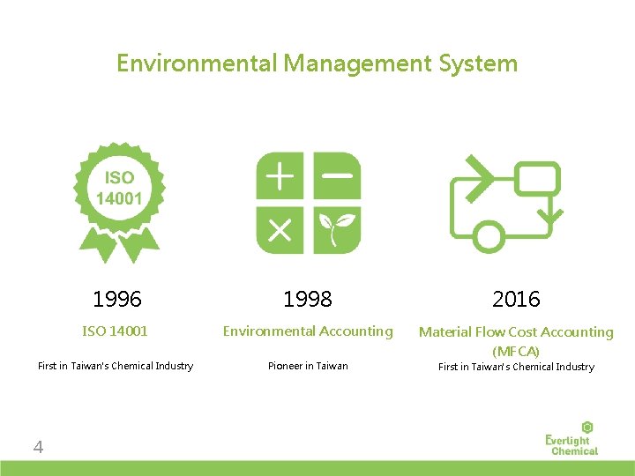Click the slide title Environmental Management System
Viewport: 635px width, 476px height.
[317, 63]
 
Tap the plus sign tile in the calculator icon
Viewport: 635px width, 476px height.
[280, 175]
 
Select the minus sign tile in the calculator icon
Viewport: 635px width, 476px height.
[337, 175]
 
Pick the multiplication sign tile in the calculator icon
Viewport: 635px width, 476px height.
[280, 230]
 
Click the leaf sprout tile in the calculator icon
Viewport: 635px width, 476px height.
[337, 230]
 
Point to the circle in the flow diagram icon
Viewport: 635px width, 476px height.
[489, 237]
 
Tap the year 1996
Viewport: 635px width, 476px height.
[117, 300]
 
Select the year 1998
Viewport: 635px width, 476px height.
[308, 300]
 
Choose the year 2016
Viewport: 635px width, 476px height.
[516, 300]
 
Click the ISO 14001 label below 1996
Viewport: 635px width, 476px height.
[116, 331]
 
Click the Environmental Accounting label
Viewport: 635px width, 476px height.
[308, 331]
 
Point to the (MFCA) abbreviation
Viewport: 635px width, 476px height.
[516, 351]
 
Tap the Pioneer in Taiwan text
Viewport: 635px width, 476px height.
[308, 366]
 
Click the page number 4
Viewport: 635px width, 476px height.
[38, 448]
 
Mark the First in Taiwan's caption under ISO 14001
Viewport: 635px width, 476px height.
[116, 366]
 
